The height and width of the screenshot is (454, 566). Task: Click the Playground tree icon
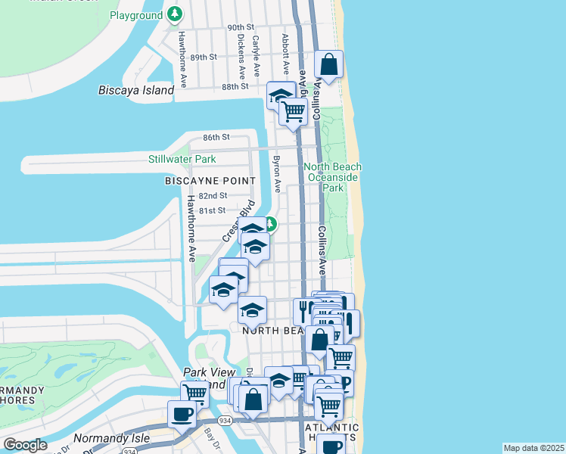[x=176, y=14]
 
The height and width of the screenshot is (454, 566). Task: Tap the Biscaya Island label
[x=136, y=90]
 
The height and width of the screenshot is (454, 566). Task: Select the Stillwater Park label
[x=182, y=159]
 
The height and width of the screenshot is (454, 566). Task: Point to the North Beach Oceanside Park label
[x=332, y=176]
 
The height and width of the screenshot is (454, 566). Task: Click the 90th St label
[x=241, y=27]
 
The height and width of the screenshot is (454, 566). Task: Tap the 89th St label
[x=204, y=57]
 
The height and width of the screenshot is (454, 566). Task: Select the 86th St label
[x=216, y=138]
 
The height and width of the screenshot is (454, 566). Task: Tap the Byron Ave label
[x=277, y=173]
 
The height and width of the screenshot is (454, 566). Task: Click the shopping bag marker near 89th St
[x=329, y=64]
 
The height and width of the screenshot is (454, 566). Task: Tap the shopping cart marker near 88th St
[x=293, y=112]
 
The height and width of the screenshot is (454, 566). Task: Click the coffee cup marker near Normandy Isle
[x=182, y=415]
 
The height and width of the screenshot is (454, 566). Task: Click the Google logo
[x=26, y=445]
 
